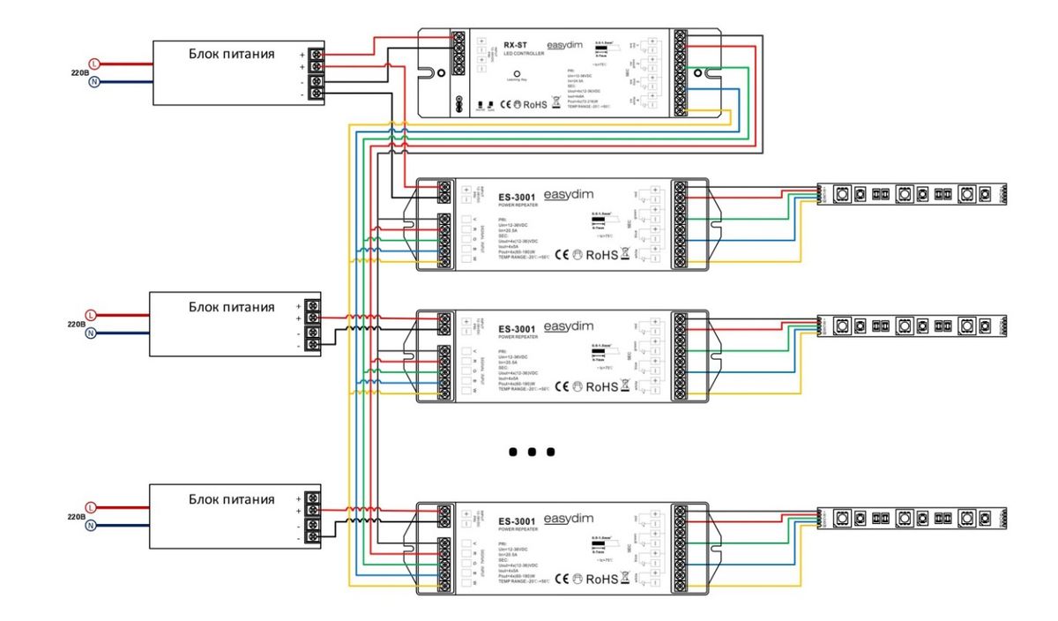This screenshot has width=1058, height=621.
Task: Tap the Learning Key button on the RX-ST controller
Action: [517, 75]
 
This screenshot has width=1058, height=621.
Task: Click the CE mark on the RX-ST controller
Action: [507, 104]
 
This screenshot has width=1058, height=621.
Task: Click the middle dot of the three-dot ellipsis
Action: [532, 452]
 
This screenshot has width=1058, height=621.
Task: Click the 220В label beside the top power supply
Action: [78, 73]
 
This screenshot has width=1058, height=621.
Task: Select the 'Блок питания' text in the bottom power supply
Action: [231, 499]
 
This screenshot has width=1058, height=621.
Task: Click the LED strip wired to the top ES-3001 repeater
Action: [911, 193]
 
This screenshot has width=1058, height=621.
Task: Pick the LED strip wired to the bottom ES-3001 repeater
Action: [911, 516]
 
